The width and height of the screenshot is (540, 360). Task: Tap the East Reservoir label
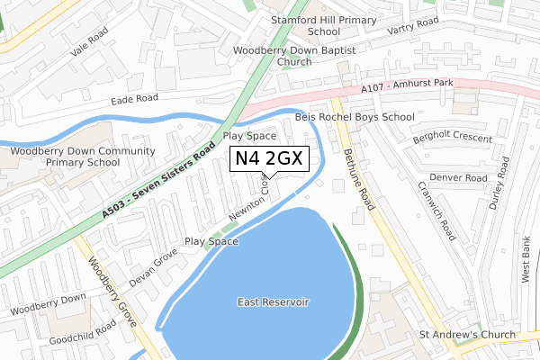(x=273, y=301)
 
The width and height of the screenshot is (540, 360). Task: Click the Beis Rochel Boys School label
(x=355, y=117)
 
